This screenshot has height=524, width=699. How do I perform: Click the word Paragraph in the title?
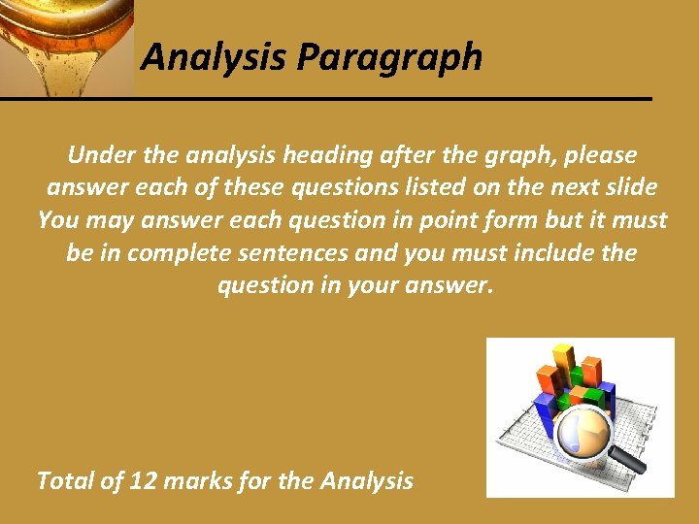tap(389, 58)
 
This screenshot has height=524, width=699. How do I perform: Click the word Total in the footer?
tap(67, 480)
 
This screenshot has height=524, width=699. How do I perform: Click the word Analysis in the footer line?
tap(366, 480)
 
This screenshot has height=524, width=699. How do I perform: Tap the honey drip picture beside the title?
tap(66, 47)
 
